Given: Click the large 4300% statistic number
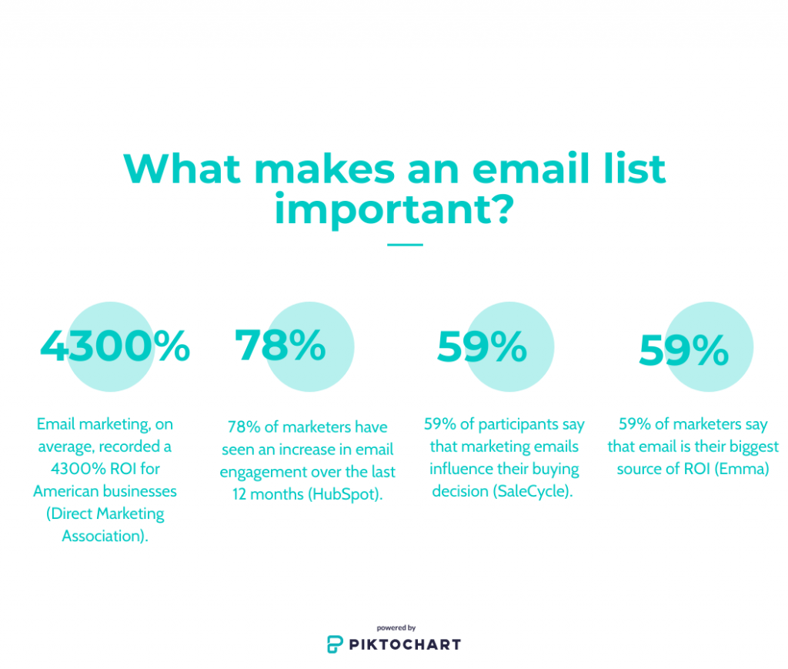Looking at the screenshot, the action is tap(115, 346).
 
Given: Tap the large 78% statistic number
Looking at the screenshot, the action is tap(280, 346).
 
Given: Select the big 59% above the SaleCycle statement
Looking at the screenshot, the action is tap(482, 346).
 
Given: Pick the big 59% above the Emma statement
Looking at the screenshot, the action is tap(683, 350).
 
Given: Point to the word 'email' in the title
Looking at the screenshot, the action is tap(531, 169).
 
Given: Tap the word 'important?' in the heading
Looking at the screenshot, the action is tap(394, 210).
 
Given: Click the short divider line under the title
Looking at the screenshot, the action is tap(405, 245).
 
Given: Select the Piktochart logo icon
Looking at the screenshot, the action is tap(335, 644).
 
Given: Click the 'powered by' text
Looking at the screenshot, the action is tap(396, 627).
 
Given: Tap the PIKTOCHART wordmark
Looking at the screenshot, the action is tap(405, 644).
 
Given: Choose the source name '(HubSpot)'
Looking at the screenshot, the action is tap(346, 494).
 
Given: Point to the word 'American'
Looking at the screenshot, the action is tap(66, 491).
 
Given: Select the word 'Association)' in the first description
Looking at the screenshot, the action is tap(105, 536).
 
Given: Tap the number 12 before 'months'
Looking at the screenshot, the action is tap(239, 494).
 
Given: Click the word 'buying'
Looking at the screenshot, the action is tap(556, 470).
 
